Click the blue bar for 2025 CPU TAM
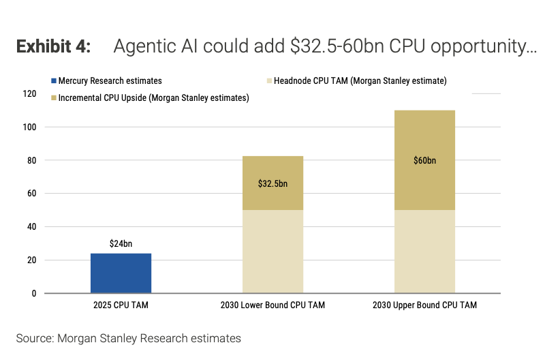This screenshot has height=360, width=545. (121, 273)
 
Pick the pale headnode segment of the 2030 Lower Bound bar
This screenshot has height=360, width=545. (272, 252)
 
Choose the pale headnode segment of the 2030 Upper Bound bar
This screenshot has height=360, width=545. (424, 252)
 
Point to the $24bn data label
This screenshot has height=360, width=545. (121, 243)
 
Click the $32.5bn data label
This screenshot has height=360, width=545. (272, 184)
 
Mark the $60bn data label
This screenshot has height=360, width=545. (424, 161)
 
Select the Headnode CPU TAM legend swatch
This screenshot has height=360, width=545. (268, 81)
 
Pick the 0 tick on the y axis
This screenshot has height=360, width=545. (34, 294)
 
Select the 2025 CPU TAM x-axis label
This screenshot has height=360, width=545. (121, 305)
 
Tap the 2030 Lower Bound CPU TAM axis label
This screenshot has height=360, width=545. (272, 305)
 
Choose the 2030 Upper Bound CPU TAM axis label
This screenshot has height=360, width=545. (424, 305)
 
